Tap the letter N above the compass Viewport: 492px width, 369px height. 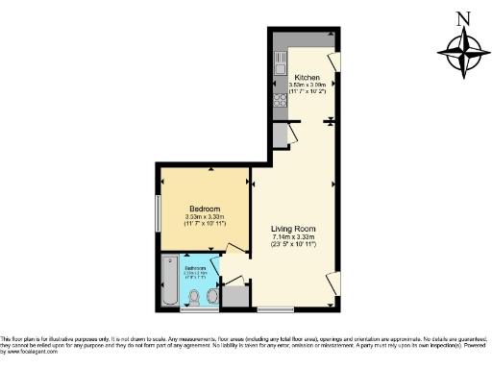click(463, 16)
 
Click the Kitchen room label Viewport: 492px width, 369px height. click(307, 78)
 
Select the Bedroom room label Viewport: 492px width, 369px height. click(205, 209)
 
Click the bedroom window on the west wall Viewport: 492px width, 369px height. click(160, 211)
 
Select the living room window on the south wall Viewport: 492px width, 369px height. click(275, 310)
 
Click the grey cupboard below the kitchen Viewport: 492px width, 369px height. click(279, 134)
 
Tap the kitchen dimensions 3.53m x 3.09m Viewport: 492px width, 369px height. click(307, 87)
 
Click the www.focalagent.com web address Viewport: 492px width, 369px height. click(29, 352)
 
